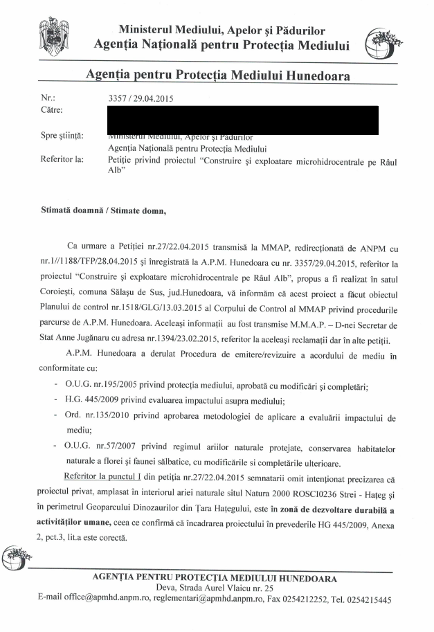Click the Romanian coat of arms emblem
pos(53,34)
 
